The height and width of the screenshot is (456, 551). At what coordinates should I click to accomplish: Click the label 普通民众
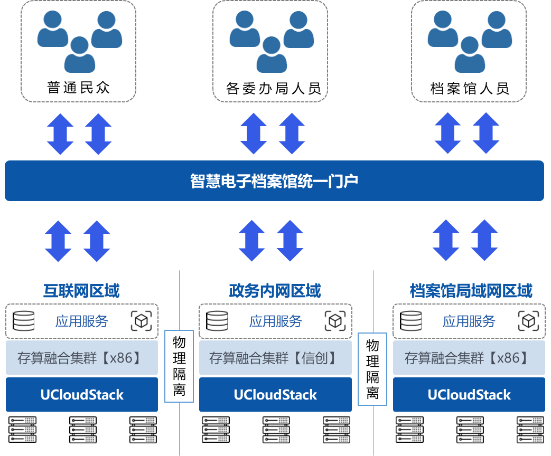click(79, 87)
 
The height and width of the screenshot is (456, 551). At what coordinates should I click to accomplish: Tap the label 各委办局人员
click(273, 88)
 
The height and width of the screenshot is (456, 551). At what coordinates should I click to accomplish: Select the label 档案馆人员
click(470, 88)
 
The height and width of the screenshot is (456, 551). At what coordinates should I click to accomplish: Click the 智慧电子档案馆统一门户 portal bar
click(274, 181)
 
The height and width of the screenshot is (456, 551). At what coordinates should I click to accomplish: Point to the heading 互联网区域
click(81, 291)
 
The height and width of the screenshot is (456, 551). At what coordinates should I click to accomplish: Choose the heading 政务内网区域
click(275, 291)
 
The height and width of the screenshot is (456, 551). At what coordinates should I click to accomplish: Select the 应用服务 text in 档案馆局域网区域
click(469, 321)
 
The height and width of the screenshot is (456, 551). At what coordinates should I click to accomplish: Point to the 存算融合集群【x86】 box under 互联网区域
click(81, 358)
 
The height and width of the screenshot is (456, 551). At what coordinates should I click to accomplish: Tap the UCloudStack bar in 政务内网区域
click(275, 395)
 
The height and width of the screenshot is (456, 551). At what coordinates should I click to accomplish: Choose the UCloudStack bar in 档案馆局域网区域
click(469, 395)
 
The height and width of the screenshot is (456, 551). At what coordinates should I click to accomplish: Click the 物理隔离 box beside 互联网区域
click(179, 366)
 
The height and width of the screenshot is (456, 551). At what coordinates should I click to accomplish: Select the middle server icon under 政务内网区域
click(276, 430)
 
